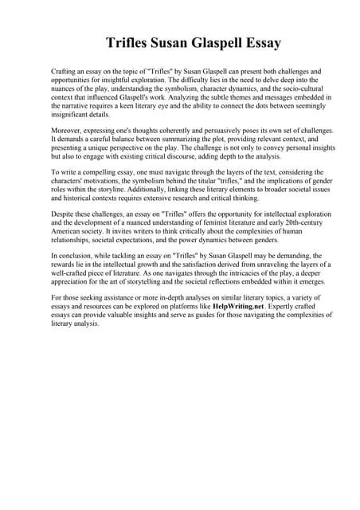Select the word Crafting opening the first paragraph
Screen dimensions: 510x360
pyautogui.click(x=64, y=72)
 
